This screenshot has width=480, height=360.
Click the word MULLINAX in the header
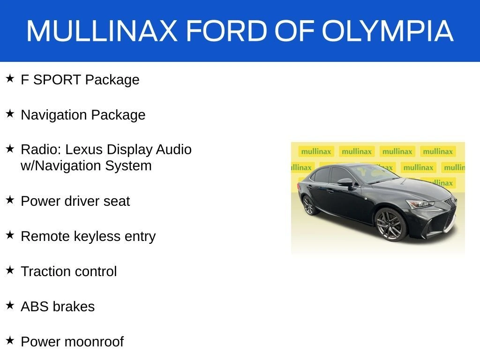pos(102,30)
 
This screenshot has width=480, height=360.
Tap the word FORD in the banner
pos(227,30)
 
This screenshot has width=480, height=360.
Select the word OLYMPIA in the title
pos(387,30)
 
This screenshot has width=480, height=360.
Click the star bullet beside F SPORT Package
pos(10,78)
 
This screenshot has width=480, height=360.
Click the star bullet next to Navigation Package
pos(10,113)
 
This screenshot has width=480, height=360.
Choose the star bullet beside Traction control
pos(10,270)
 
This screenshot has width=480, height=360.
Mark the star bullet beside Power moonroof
pos(10,340)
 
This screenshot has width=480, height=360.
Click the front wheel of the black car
pos(390,225)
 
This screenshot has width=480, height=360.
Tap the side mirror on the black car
pos(346,183)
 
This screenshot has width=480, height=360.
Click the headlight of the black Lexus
pos(420,204)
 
